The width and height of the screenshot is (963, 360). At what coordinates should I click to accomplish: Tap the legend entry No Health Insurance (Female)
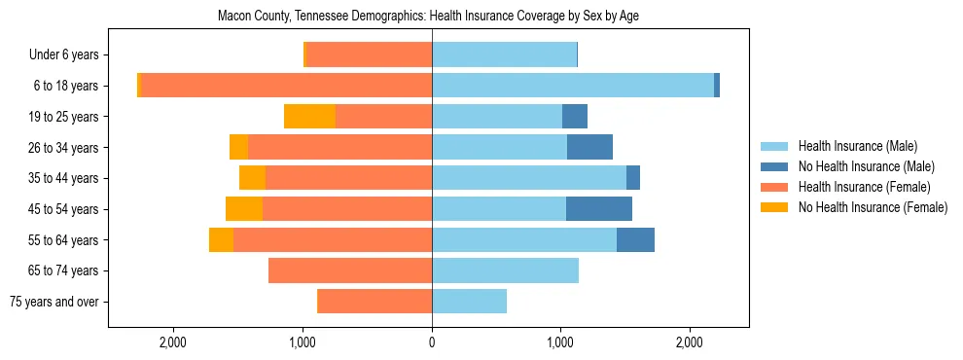[873, 207]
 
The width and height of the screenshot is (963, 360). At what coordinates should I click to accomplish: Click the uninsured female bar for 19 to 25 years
[309, 117]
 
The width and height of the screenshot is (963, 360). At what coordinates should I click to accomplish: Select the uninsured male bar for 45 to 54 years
[599, 209]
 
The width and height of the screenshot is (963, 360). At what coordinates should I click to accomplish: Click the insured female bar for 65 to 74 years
[350, 270]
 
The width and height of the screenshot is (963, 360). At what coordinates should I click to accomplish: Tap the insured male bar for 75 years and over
[469, 302]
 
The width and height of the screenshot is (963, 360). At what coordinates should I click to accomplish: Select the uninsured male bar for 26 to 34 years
[589, 148]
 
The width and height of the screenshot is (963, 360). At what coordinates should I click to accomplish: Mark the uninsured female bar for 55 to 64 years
[221, 240]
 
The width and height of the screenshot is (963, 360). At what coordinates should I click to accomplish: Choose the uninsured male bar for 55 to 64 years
[635, 240]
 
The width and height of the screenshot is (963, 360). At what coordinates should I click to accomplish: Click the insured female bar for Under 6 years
[370, 55]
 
